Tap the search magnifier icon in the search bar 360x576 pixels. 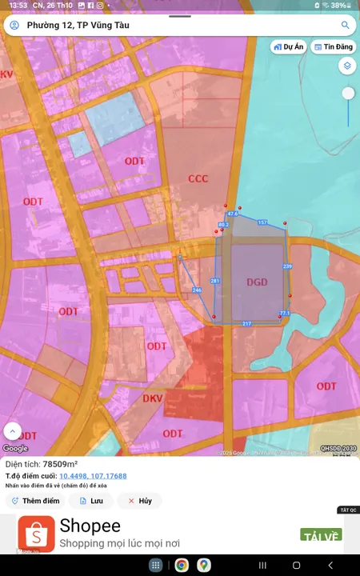[x=346, y=25]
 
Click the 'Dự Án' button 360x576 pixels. [x=289, y=46]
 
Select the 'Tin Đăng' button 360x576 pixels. [x=334, y=46]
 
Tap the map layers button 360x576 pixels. [x=346, y=66]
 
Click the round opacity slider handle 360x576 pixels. [x=348, y=94]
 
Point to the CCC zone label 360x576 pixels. [x=198, y=178]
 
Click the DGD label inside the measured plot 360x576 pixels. [x=257, y=282]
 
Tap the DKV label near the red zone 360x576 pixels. [x=153, y=398]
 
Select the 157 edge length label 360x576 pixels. [x=262, y=222]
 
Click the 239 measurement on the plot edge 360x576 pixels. [x=287, y=266]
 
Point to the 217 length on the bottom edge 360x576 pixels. [x=246, y=323]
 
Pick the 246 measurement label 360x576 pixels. [x=197, y=290]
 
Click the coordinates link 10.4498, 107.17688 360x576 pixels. [x=93, y=476]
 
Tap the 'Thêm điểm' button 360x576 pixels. [x=34, y=501]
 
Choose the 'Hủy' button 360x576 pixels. [x=139, y=501]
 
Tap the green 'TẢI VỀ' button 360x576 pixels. [x=321, y=534]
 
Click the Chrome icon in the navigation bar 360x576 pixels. [x=182, y=566]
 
